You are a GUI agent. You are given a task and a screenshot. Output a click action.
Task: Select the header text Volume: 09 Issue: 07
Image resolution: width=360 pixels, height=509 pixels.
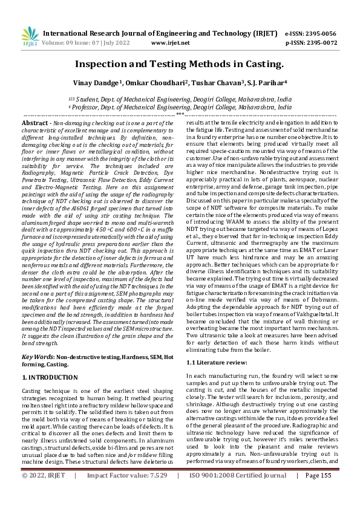[x=80, y=43]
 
